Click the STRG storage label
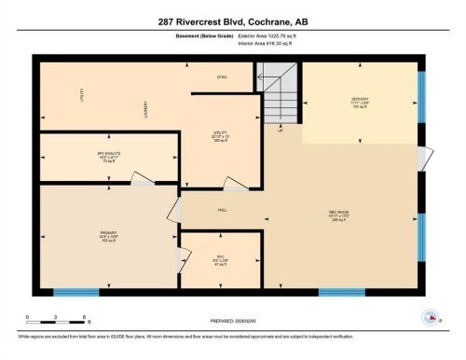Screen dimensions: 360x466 tap(222, 76)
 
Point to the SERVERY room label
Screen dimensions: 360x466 tap(361, 98)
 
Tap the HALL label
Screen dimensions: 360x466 tap(223, 210)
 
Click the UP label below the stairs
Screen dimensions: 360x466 tap(280, 132)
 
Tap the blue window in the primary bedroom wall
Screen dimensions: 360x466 tap(76, 292)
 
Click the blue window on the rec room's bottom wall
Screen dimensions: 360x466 tap(342, 292)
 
